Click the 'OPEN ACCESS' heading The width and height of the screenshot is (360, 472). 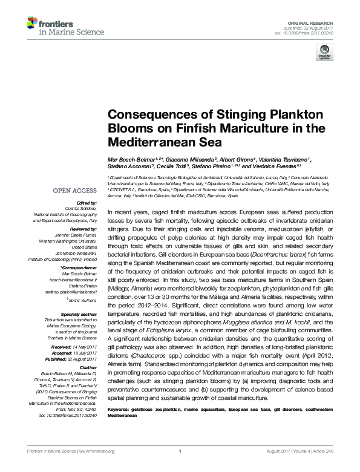click(x=74, y=191)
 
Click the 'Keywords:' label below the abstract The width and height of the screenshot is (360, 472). click(x=119, y=410)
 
